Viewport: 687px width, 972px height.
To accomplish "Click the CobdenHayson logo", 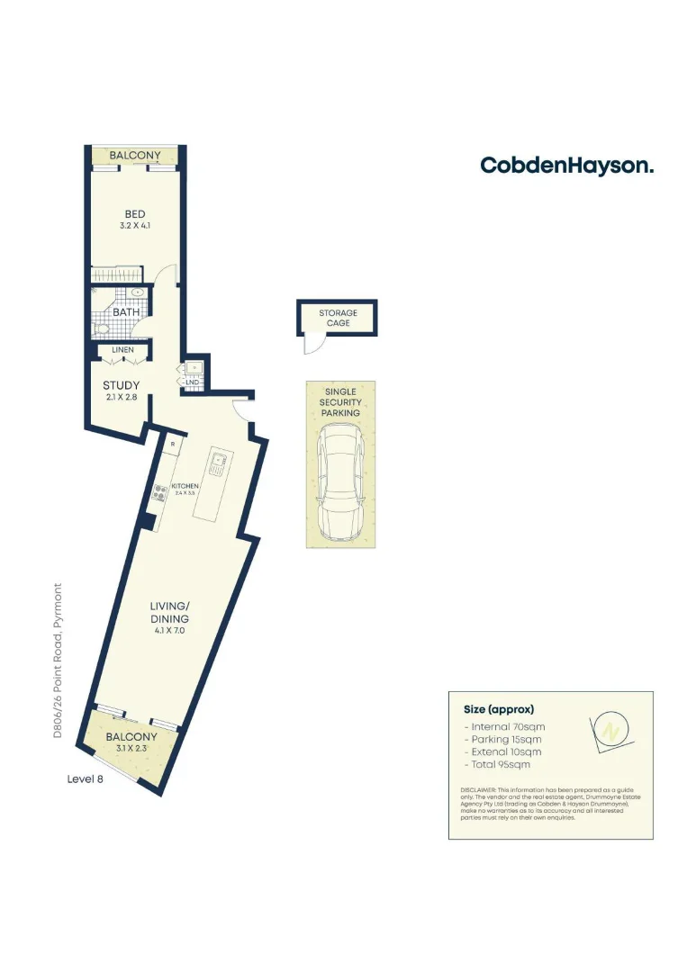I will pos(566,166).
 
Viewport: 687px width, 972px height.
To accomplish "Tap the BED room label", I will pos(135,213).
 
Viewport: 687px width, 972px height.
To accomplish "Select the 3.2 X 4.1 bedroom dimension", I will pos(135,226).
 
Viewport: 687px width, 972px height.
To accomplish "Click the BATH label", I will pos(125,312).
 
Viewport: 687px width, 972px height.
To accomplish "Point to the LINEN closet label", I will pos(122,349).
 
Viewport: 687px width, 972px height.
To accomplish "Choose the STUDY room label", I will pos(121,385).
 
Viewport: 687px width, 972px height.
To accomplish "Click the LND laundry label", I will pos(192,382).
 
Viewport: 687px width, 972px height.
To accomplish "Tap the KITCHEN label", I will pos(185,486).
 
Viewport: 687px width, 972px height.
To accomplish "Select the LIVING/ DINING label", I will pos(169,613).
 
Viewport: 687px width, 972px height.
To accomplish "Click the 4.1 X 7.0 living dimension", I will pos(169,632).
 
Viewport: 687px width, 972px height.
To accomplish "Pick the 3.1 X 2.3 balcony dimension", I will pos(131,749).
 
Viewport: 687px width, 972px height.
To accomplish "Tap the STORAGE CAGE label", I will pos(338,318).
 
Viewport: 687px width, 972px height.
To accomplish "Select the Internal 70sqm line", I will pos(504,726).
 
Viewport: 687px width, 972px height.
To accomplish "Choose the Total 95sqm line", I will pos(497,764).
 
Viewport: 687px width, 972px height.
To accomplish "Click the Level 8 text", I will pos(86,779).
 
